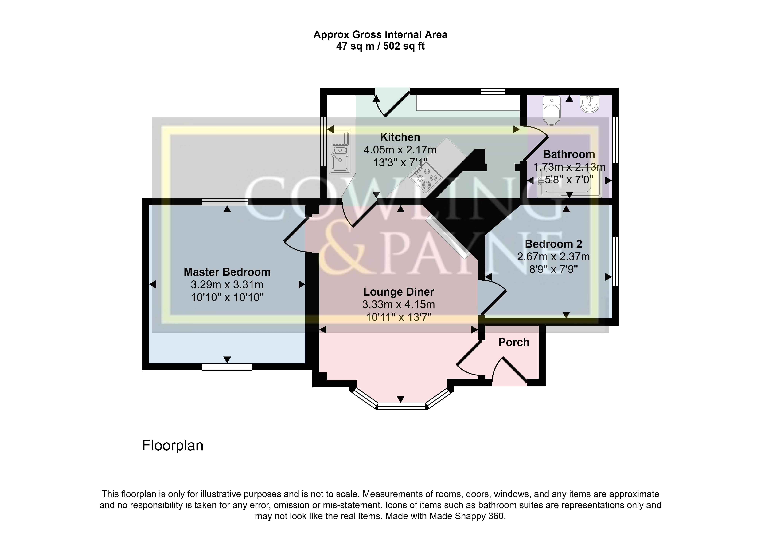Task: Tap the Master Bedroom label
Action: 227,272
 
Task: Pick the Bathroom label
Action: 569,154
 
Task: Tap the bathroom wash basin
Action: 590,104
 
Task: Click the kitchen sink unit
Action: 340,152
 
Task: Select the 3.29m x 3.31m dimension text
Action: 227,285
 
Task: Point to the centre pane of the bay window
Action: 402,406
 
